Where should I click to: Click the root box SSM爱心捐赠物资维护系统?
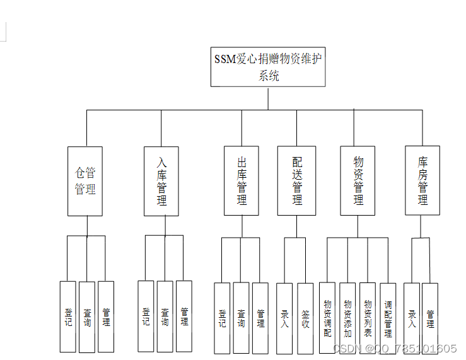(268, 67)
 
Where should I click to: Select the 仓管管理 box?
(85, 181)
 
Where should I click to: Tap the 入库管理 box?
(161, 181)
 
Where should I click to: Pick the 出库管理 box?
(242, 181)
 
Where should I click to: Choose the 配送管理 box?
(296, 181)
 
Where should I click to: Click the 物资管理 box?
(358, 181)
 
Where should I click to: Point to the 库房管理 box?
(422, 181)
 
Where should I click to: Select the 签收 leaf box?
(305, 318)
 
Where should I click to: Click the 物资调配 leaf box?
(327, 318)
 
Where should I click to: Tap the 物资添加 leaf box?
(347, 318)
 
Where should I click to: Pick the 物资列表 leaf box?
(368, 318)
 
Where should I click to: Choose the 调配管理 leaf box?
(388, 319)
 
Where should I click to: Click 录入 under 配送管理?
(284, 318)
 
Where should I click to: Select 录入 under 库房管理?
(412, 318)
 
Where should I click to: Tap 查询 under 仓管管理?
(87, 316)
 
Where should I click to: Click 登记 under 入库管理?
(146, 315)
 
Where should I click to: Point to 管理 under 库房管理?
(430, 318)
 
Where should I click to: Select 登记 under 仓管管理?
(68, 316)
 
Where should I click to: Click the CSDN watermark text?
(394, 349)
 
